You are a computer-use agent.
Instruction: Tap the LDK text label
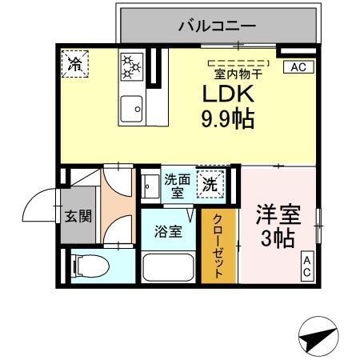click(x=228, y=94)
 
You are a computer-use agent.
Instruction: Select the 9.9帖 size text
click(x=228, y=119)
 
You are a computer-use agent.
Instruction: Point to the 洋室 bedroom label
click(x=278, y=215)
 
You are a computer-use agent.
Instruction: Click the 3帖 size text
click(x=277, y=237)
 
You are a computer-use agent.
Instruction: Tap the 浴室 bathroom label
click(x=168, y=232)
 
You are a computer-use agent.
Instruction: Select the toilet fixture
click(x=89, y=264)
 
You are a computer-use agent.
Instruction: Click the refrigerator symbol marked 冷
click(x=75, y=65)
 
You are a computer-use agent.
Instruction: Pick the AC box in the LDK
click(x=298, y=67)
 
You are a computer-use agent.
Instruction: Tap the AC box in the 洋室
click(x=308, y=266)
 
